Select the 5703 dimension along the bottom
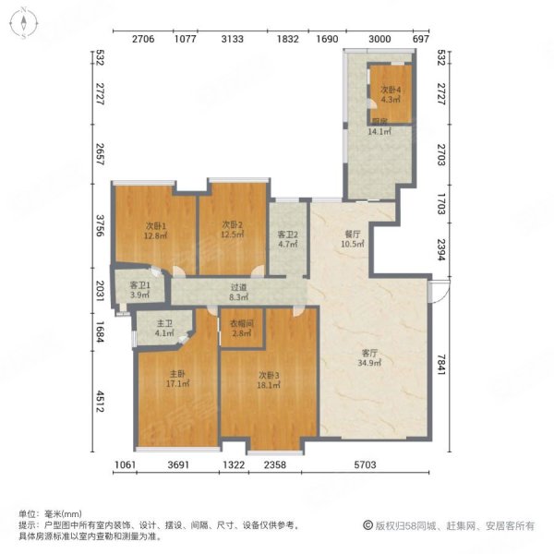pos(374,464)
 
